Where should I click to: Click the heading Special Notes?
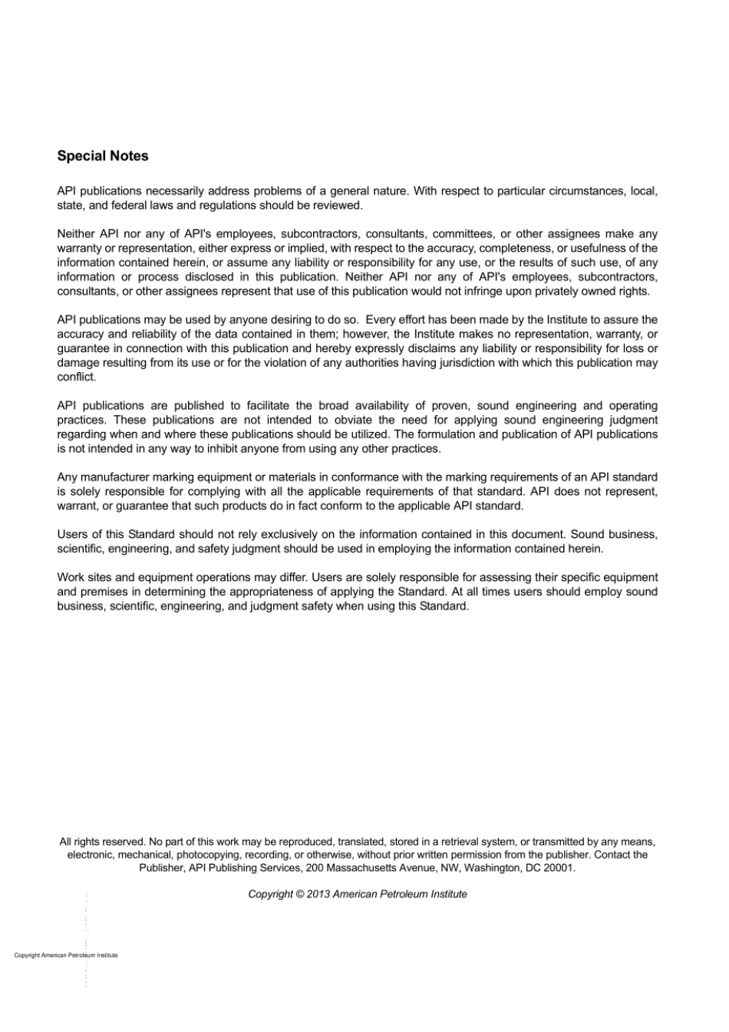103,156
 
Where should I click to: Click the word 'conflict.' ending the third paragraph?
77,377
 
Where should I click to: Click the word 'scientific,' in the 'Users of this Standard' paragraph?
81,549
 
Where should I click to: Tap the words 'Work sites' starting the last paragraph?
84,577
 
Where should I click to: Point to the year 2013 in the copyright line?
318,894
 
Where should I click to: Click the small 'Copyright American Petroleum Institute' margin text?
66,955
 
